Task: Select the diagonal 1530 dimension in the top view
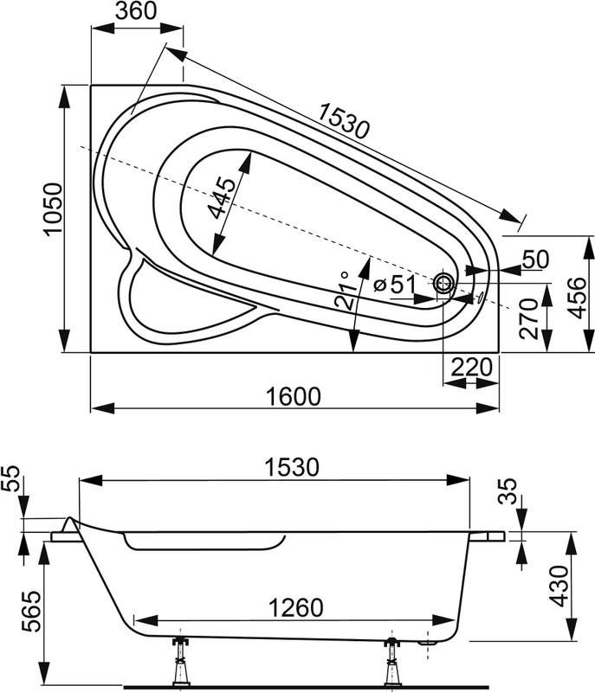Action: pyautogui.click(x=344, y=121)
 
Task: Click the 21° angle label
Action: pyautogui.click(x=344, y=291)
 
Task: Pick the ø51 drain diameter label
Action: pyautogui.click(x=394, y=285)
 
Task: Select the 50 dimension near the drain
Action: pyautogui.click(x=537, y=259)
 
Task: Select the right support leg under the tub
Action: pyautogui.click(x=391, y=662)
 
